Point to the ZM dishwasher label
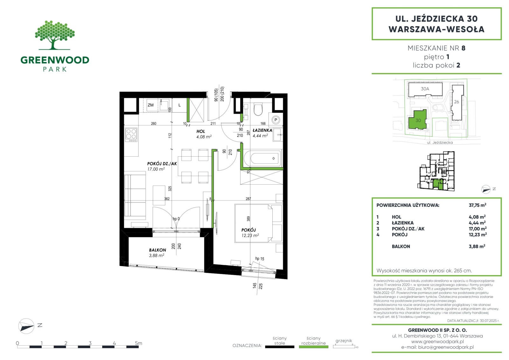(150, 105)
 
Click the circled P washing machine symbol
(276, 120)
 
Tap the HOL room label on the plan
(201, 131)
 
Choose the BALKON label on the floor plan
(157, 250)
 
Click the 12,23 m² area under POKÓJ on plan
(250, 235)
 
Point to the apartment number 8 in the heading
(463, 48)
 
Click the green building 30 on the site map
(417, 120)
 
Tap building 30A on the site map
(425, 89)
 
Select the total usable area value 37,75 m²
(478, 205)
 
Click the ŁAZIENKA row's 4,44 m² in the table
(477, 223)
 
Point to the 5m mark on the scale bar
(138, 343)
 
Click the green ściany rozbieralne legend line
(314, 347)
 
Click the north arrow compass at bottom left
(26, 326)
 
